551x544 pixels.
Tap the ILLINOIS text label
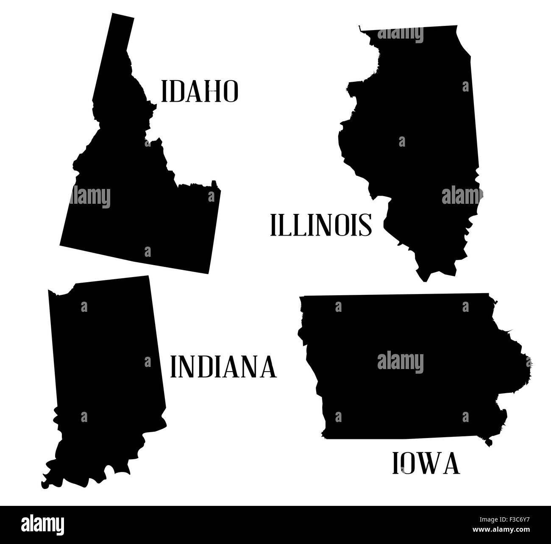(321, 225)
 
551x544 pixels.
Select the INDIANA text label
(223, 367)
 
